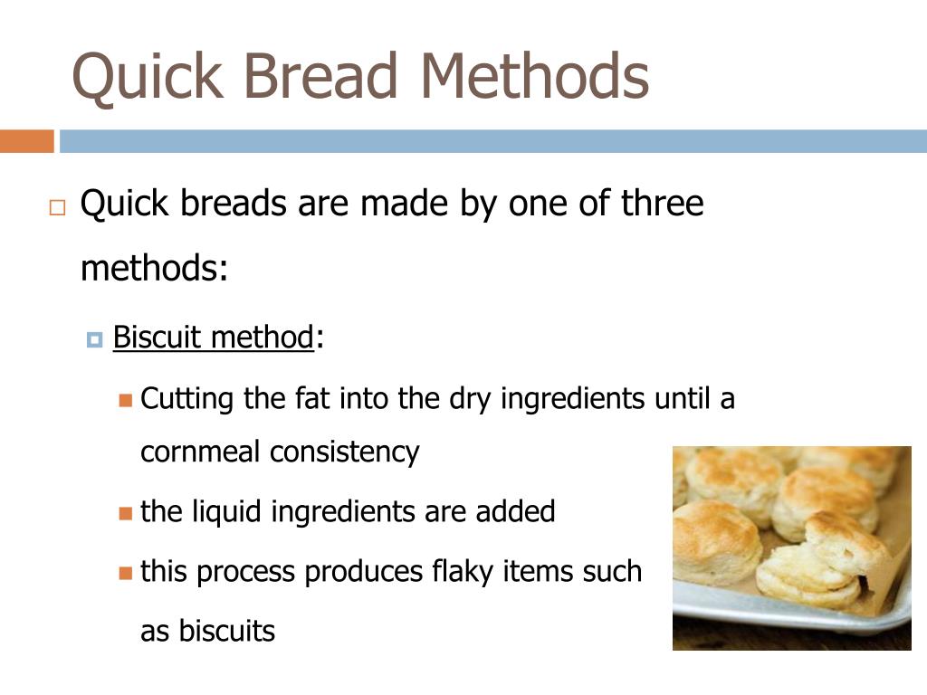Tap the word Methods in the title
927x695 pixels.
coord(534,77)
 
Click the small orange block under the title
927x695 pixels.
coord(26,142)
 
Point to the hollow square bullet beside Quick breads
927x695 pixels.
coord(57,207)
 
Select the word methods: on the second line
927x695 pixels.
coord(154,268)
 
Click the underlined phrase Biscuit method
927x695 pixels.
coord(213,338)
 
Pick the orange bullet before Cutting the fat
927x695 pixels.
coord(125,399)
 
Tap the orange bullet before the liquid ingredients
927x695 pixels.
coord(125,513)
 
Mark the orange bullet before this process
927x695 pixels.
coord(125,573)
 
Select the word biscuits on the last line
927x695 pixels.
coord(226,631)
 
